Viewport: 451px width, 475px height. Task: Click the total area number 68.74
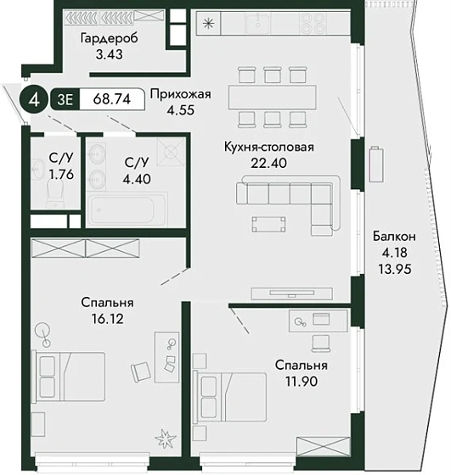click(x=111, y=99)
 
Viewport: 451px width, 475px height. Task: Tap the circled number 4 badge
click(x=35, y=99)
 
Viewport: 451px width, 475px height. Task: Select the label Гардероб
click(x=110, y=39)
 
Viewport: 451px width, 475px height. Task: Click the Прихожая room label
click(x=180, y=94)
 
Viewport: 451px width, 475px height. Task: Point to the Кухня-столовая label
click(x=269, y=148)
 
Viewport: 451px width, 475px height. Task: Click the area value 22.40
click(x=268, y=163)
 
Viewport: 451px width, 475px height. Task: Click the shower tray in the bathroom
click(x=171, y=151)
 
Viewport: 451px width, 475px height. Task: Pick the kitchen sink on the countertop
click(x=258, y=24)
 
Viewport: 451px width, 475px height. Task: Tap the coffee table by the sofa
click(x=268, y=225)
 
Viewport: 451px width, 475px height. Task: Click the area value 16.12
click(x=108, y=319)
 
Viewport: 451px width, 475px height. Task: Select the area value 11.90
click(x=302, y=382)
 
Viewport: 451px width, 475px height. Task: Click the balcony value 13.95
click(x=395, y=269)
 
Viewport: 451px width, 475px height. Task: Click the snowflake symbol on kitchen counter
click(x=209, y=24)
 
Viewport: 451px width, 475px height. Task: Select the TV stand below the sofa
click(x=292, y=293)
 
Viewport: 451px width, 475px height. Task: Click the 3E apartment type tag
click(x=65, y=99)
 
